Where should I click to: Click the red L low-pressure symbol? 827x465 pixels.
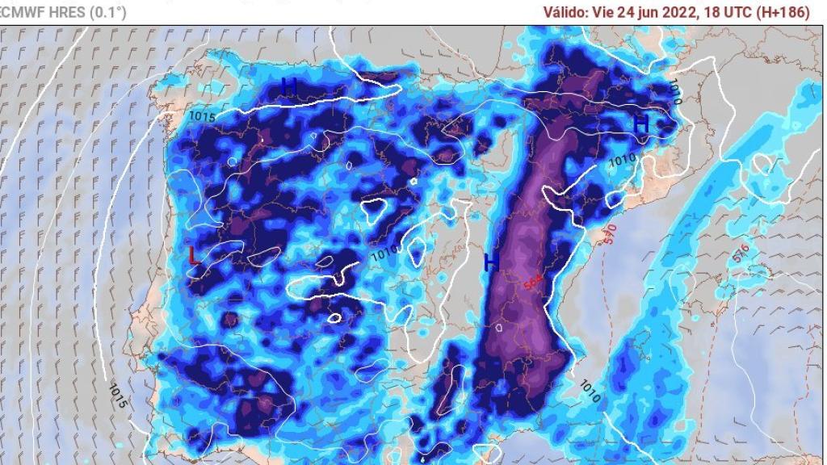(193, 256)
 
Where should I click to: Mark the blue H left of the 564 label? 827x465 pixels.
(491, 262)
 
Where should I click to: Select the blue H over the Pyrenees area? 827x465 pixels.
(640, 124)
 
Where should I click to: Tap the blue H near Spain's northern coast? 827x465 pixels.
(289, 86)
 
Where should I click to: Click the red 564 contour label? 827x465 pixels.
(532, 283)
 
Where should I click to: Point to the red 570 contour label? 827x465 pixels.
(611, 235)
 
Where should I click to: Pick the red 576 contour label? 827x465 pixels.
(741, 253)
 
